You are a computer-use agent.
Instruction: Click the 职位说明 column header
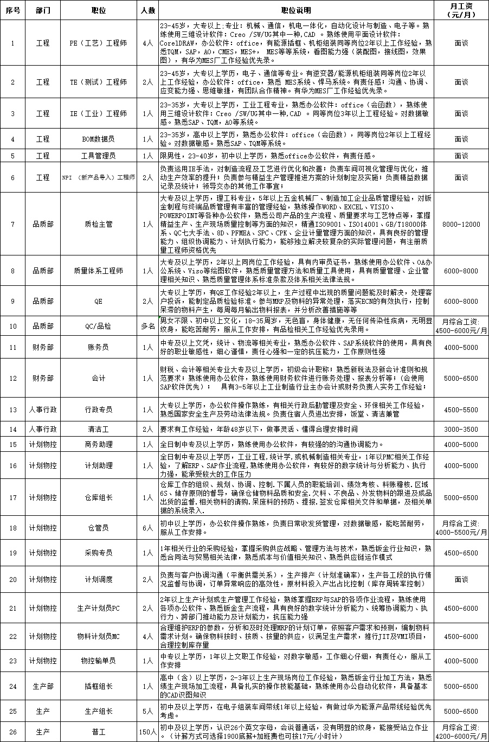(297, 10)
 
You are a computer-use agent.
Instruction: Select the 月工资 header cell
(461, 10)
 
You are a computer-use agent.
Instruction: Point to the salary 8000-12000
(461, 224)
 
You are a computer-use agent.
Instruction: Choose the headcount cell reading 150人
(147, 732)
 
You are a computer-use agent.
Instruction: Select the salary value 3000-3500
(461, 429)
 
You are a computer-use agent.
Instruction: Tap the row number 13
(14, 410)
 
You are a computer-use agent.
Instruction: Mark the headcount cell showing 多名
(147, 326)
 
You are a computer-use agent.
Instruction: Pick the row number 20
(14, 579)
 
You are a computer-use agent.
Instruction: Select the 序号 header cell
(14, 10)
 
